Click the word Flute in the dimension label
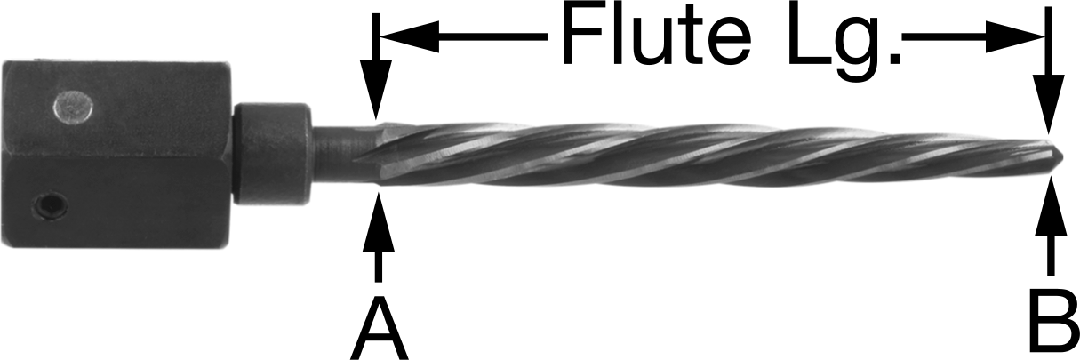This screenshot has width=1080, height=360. (x=656, y=36)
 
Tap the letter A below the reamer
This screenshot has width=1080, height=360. (x=379, y=329)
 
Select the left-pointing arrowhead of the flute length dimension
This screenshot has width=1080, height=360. (x=410, y=36)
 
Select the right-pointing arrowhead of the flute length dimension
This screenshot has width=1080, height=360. (x=1015, y=36)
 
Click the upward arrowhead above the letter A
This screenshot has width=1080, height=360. (x=379, y=221)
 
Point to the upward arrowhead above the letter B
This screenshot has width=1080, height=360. (x=1051, y=206)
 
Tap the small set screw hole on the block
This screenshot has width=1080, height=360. (x=50, y=207)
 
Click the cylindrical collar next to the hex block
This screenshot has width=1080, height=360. (x=271, y=153)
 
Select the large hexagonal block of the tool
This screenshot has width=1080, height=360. (x=116, y=154)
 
